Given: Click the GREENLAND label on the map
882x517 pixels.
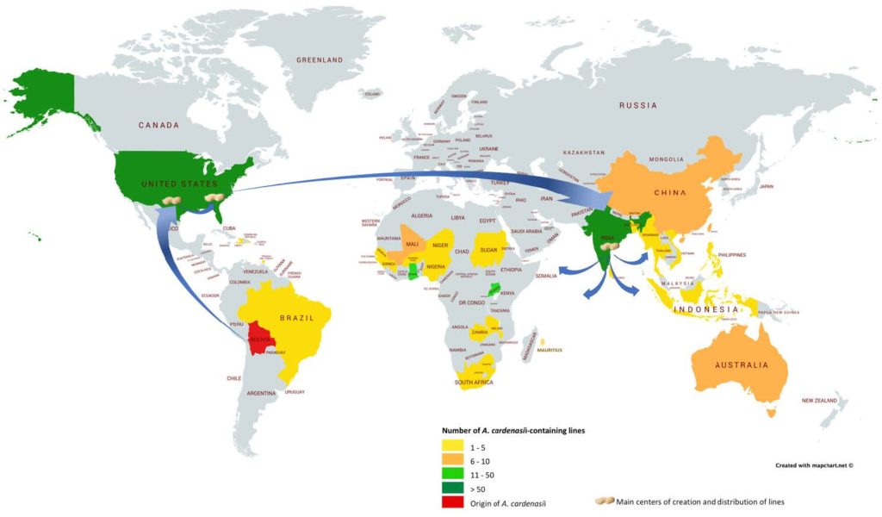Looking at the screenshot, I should [x=320, y=60].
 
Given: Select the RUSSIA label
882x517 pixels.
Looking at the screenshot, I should [x=638, y=106].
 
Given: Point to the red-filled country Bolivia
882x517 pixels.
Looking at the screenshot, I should [x=262, y=339].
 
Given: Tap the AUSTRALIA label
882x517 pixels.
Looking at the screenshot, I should [x=740, y=365].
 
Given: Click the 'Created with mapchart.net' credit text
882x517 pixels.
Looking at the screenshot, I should [x=814, y=465].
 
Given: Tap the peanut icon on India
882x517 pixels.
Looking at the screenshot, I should [x=610, y=246].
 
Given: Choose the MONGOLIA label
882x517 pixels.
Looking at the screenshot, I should [x=667, y=159].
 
